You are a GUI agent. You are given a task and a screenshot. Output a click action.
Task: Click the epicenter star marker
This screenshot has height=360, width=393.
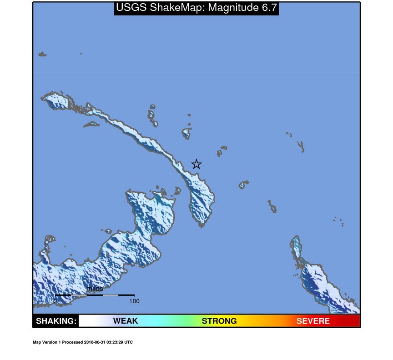pyautogui.click(x=196, y=164)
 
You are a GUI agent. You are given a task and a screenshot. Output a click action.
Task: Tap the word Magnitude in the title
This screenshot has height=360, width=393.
pyautogui.click(x=230, y=8)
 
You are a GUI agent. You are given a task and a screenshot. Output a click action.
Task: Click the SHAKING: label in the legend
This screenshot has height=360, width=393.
pyautogui.click(x=56, y=321)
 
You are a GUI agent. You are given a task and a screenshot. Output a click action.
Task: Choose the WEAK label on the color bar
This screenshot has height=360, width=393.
pyautogui.click(x=125, y=321)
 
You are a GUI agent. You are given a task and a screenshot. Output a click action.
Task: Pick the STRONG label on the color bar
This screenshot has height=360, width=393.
pyautogui.click(x=219, y=321)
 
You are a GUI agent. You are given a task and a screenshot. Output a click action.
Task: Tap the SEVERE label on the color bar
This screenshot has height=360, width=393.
pyautogui.click(x=313, y=321)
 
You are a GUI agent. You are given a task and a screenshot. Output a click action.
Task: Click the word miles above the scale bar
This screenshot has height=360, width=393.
pyautogui.click(x=95, y=289)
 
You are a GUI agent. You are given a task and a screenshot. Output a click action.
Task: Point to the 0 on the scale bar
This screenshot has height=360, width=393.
pyautogui.click(x=55, y=301)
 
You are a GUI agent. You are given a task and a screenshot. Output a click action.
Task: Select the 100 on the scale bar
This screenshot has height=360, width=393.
pyautogui.click(x=134, y=301)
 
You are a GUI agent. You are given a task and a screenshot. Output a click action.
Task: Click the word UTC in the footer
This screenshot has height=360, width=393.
pyautogui.click(x=129, y=342)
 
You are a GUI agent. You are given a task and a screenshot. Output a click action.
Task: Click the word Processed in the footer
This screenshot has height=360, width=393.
pyautogui.click(x=71, y=342)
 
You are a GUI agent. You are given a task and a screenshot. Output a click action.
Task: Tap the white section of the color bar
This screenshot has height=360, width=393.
pyautogui.click(x=89, y=321)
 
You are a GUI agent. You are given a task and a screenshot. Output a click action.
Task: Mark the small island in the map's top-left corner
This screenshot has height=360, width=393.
pyautogui.click(x=42, y=55)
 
